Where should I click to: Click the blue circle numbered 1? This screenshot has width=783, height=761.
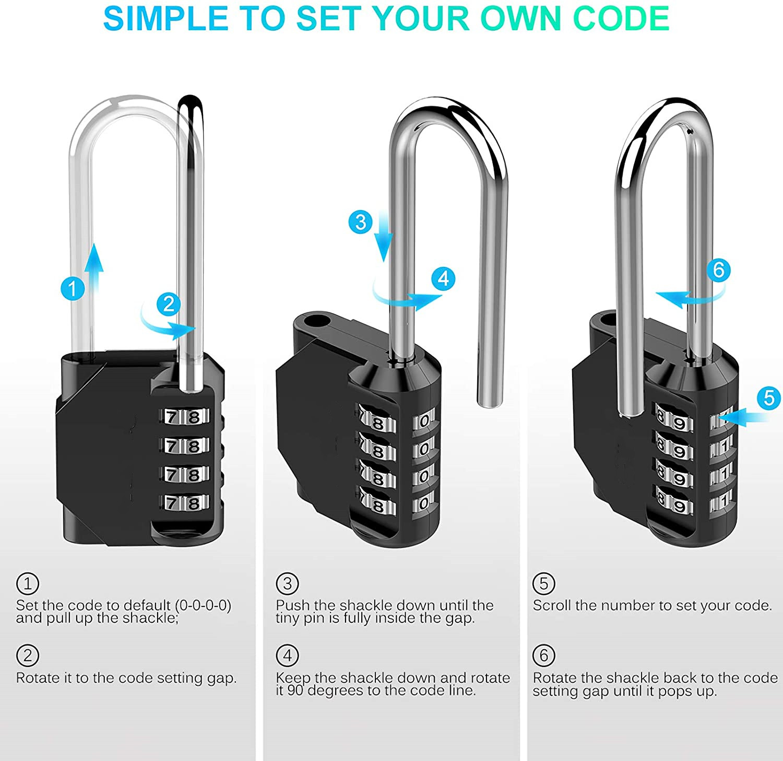(x=73, y=288)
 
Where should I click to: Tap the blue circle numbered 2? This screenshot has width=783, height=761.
(x=169, y=304)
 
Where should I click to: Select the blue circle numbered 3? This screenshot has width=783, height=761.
(x=361, y=222)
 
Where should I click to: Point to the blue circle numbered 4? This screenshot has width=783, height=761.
(x=444, y=279)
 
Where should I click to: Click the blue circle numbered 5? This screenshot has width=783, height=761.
(x=769, y=398)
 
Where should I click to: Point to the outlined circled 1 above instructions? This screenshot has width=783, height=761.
(x=28, y=583)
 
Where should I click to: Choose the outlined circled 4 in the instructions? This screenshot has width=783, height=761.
(x=287, y=655)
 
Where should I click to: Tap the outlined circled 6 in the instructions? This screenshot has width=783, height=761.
(x=543, y=655)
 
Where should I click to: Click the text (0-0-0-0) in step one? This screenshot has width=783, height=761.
(x=203, y=605)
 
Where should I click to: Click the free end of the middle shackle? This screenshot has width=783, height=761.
(x=490, y=401)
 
